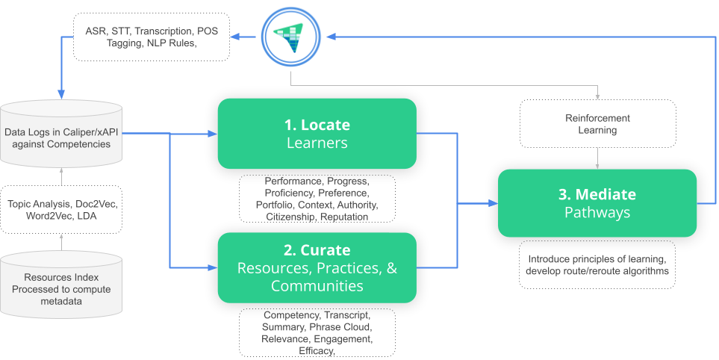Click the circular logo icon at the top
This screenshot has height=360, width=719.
290,37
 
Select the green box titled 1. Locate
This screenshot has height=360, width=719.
317,134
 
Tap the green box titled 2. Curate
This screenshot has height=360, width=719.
317,268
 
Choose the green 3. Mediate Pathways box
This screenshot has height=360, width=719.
597,203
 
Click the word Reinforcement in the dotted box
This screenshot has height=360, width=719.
597,118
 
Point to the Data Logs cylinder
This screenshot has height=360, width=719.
61,134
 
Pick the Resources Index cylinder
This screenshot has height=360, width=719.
61,285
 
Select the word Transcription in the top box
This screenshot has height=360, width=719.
164,31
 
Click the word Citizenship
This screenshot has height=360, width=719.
290,216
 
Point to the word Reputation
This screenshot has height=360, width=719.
344,216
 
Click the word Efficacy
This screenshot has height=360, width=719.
317,351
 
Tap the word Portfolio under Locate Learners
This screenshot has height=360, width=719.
275,205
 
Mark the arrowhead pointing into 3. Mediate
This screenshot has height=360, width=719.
494,203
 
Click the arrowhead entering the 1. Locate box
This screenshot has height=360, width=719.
213,134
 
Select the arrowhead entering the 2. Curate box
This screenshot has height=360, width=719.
213,267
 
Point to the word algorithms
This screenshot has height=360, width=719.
646,271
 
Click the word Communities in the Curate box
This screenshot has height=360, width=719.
317,285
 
